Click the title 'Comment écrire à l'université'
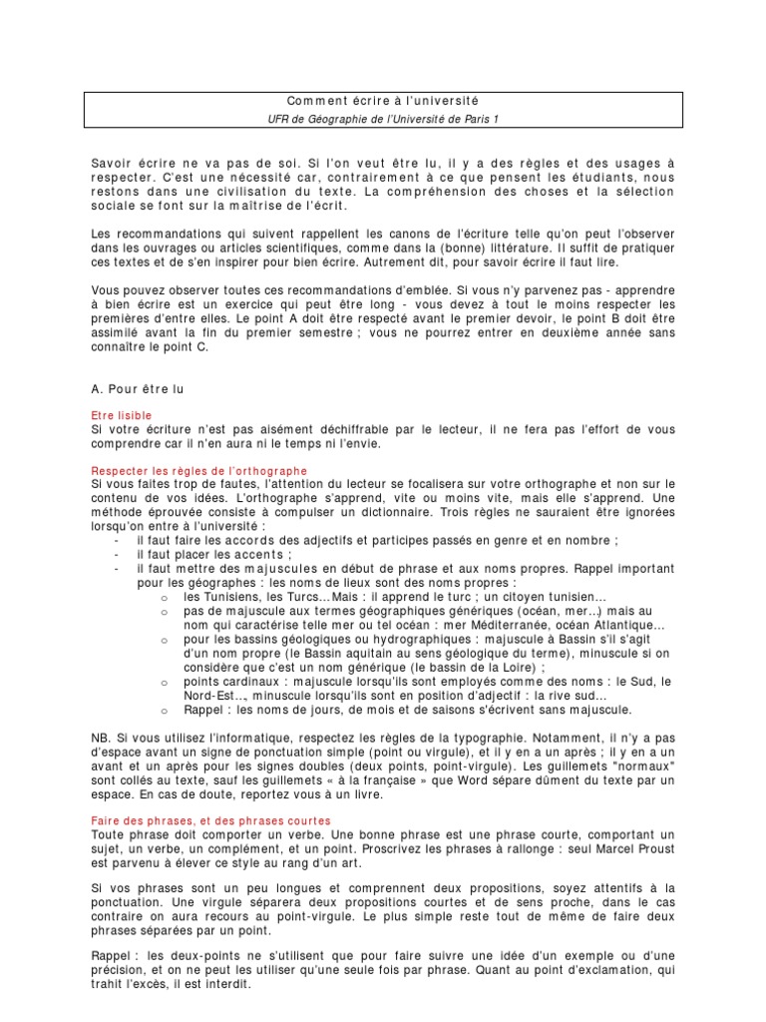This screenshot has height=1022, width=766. click(382, 101)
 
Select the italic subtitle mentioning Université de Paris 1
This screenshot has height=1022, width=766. click(382, 119)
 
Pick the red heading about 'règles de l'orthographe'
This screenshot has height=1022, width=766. click(199, 469)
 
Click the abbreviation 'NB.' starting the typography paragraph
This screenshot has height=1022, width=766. click(101, 737)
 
